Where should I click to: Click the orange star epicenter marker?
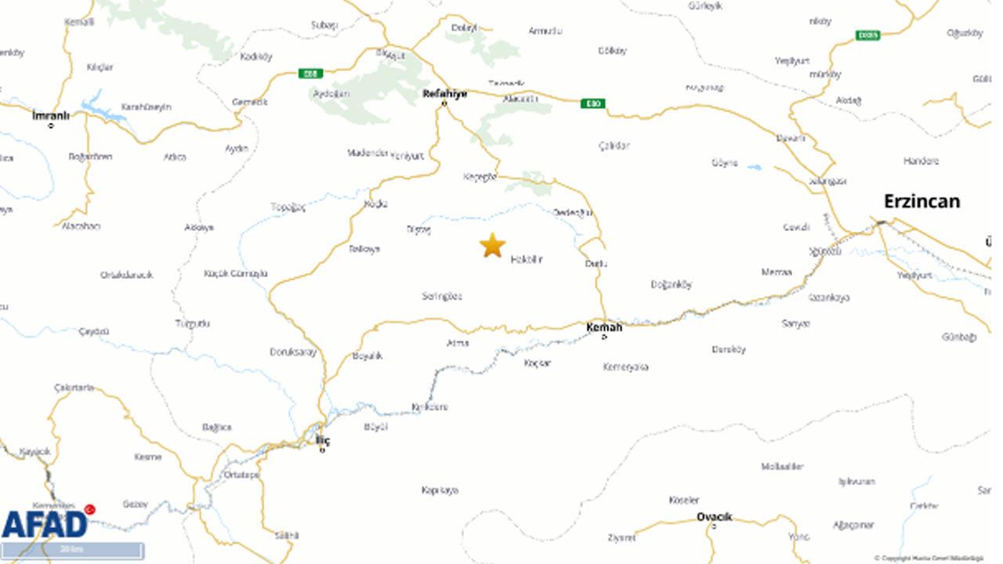click(x=492, y=245)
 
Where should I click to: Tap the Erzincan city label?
click(x=922, y=201)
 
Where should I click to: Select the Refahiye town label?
click(x=444, y=94)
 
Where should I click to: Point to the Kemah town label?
click(x=604, y=327)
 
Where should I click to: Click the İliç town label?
click(x=323, y=440)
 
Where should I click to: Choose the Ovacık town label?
click(x=714, y=517)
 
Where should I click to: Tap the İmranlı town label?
click(x=51, y=116)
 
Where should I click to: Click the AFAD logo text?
click(x=44, y=524)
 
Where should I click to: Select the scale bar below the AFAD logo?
click(x=72, y=550)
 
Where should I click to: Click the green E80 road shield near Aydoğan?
click(x=310, y=74)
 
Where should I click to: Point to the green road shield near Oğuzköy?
click(x=867, y=35)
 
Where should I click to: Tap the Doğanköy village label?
click(x=672, y=285)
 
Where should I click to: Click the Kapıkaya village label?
click(x=440, y=490)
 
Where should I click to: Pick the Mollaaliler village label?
click(x=782, y=466)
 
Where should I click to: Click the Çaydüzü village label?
click(x=94, y=331)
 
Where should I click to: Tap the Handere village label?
click(x=921, y=161)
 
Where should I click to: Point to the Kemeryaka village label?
click(x=625, y=367)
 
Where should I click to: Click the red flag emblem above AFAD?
click(x=89, y=509)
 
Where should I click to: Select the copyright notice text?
click(x=929, y=558)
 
